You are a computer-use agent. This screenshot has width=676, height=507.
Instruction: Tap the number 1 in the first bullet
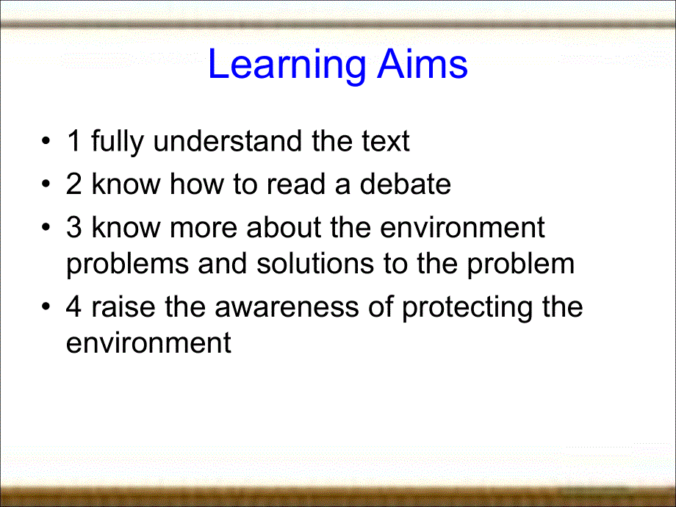[73, 141]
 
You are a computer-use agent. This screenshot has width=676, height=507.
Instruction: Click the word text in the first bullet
[381, 141]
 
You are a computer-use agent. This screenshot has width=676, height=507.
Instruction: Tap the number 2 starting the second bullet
[73, 184]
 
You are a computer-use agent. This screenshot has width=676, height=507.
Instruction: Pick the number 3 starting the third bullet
[73, 228]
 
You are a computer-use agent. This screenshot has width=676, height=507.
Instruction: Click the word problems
[128, 265]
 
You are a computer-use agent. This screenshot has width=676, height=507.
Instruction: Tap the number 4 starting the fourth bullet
[74, 307]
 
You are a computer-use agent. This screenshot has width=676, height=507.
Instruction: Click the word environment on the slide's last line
[148, 342]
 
